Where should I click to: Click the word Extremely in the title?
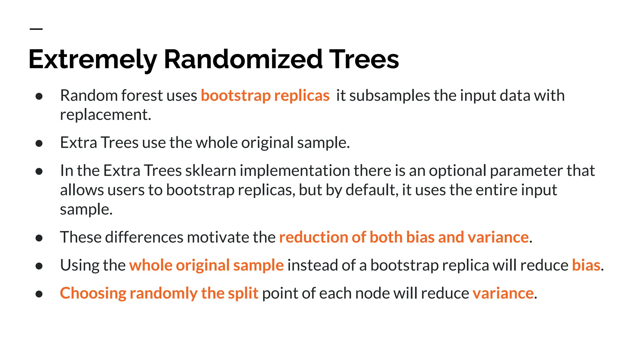(92, 59)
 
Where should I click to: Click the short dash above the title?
(36, 29)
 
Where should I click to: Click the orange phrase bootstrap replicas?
(265, 95)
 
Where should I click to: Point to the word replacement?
(105, 115)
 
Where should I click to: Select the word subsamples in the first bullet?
(389, 95)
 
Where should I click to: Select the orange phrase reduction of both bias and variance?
(404, 237)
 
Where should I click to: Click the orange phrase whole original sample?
(206, 265)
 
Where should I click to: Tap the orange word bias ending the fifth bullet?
(586, 265)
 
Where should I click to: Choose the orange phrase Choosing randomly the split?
(159, 293)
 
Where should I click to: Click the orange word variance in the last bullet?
(503, 293)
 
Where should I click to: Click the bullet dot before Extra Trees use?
(39, 143)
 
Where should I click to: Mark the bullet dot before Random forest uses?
(39, 96)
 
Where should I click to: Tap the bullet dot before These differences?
(39, 238)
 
